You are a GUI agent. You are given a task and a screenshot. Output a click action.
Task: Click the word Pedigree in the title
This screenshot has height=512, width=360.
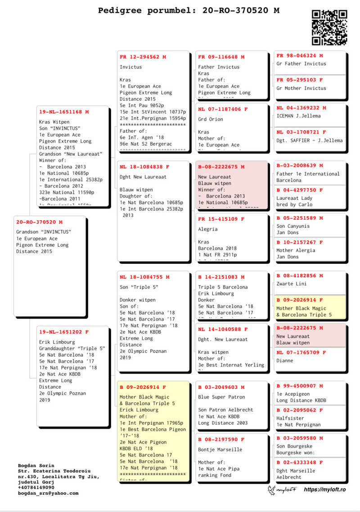[x=120, y=10]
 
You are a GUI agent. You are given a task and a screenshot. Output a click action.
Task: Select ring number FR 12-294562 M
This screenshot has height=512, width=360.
[x=143, y=57]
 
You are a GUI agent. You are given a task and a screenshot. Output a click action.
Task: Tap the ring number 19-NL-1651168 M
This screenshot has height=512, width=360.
[x=64, y=112]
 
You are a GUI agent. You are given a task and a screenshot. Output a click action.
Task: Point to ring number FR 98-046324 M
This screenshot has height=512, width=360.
[x=300, y=56]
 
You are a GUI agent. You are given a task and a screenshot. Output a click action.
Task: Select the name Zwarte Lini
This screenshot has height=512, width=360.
[x=292, y=284]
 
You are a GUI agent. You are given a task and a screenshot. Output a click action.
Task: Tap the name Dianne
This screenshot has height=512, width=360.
[x=284, y=361]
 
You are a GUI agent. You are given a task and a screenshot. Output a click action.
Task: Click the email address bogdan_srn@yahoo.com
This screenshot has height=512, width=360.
[x=48, y=493]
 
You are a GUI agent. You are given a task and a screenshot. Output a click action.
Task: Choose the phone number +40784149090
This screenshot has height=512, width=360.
[x=36, y=487]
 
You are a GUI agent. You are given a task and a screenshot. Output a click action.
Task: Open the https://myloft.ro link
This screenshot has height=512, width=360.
[x=324, y=489]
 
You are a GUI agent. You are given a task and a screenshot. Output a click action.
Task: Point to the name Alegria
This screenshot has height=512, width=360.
[x=208, y=229]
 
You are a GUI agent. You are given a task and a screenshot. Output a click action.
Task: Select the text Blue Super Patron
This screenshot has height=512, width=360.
[x=221, y=397]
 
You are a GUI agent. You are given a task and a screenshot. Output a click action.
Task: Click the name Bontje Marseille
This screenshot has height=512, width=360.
[x=220, y=449]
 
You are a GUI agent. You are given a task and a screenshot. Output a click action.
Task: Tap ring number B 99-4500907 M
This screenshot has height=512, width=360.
[x=300, y=386]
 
